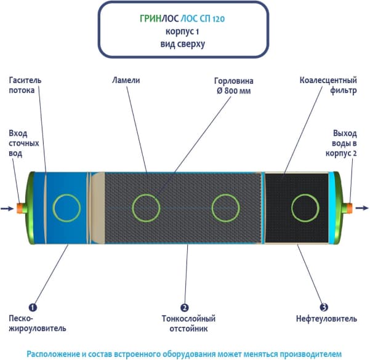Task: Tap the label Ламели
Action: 126,81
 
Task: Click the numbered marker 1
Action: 33,306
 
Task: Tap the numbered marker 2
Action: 184,306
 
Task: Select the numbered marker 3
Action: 323,306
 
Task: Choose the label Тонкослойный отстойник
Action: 185,323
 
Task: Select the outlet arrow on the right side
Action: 363,208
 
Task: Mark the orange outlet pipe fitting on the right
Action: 349,208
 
